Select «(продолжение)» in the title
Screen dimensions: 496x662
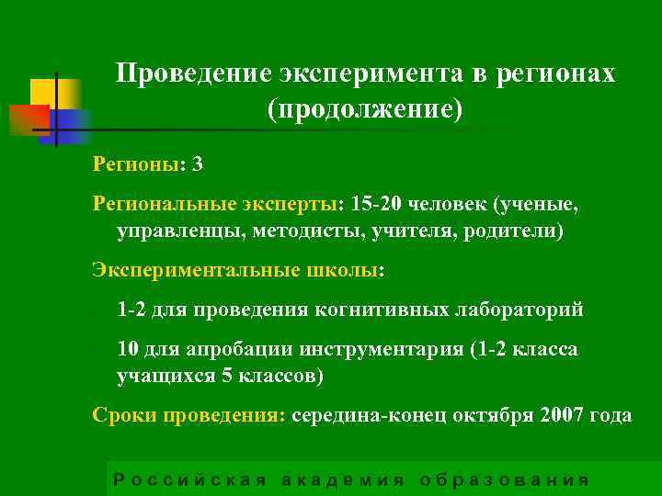pos(365,109)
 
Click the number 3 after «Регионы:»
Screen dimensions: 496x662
pos(198,165)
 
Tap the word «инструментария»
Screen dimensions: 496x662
pos(383,350)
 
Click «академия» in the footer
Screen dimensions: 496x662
pos(342,479)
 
